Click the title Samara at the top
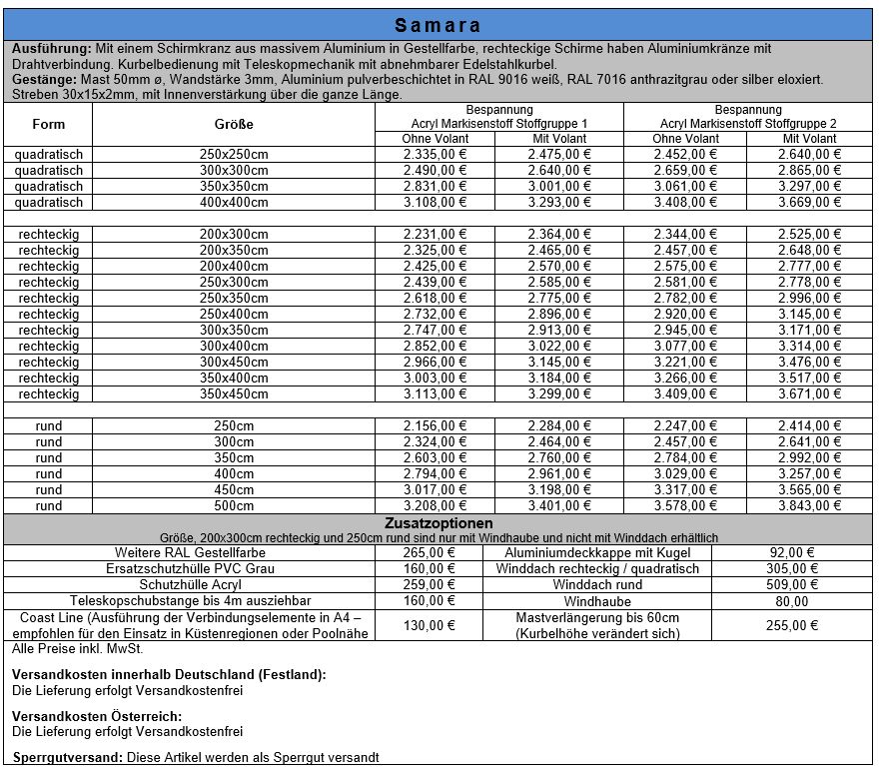pos(438,25)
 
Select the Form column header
pos(48,124)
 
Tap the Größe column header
pos(234,124)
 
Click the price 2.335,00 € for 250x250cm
pos(436,155)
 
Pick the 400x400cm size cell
pos(234,203)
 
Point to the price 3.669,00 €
pos(809,203)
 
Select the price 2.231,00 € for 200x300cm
pos(436,235)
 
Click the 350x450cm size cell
pos(234,394)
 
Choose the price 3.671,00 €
pos(809,394)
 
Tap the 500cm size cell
pos(234,506)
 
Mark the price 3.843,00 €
pos(809,506)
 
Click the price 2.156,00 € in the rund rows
pos(436,426)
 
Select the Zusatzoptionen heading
pos(438,523)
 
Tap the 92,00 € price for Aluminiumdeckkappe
pos(793,553)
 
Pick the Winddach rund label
pos(597,585)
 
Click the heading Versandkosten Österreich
pos(97,716)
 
